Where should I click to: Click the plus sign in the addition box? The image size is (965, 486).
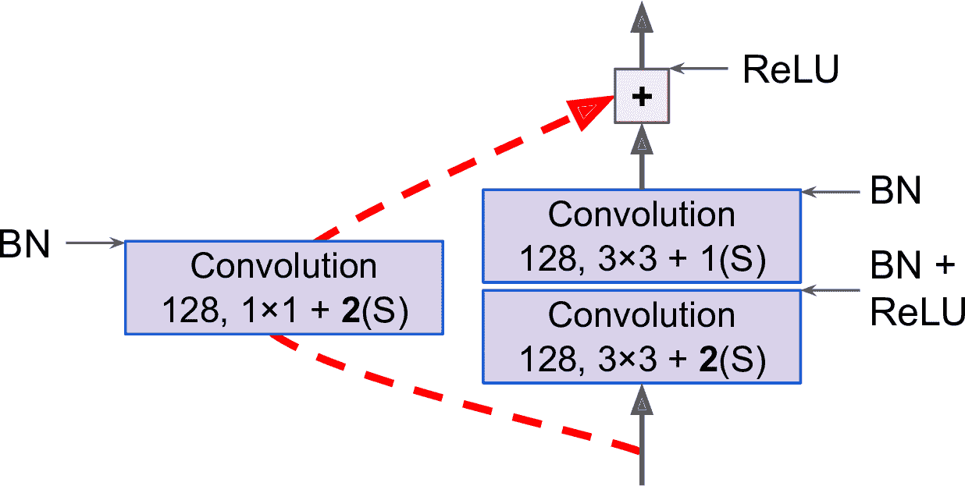(641, 96)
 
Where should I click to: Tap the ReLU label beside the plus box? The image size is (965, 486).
(791, 70)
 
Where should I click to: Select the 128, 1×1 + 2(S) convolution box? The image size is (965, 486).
(284, 288)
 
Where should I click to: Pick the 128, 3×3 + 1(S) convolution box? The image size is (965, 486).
(642, 236)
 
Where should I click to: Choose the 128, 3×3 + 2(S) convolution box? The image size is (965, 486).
(642, 336)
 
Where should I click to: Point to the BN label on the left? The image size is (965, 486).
(26, 244)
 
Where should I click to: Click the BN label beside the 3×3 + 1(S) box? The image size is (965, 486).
(896, 190)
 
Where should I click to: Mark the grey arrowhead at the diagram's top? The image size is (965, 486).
(642, 16)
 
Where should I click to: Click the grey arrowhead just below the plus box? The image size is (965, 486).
(642, 141)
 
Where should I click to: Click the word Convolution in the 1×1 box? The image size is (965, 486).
(284, 266)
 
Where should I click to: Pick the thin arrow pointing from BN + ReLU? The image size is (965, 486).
(831, 291)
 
